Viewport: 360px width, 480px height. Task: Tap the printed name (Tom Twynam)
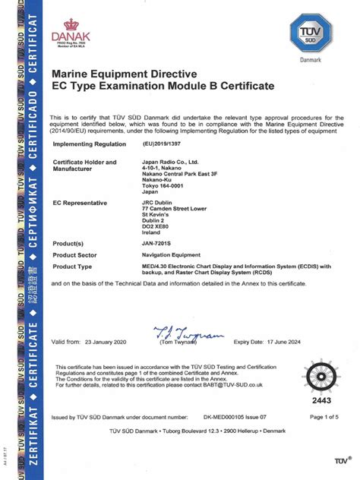[176, 321]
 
